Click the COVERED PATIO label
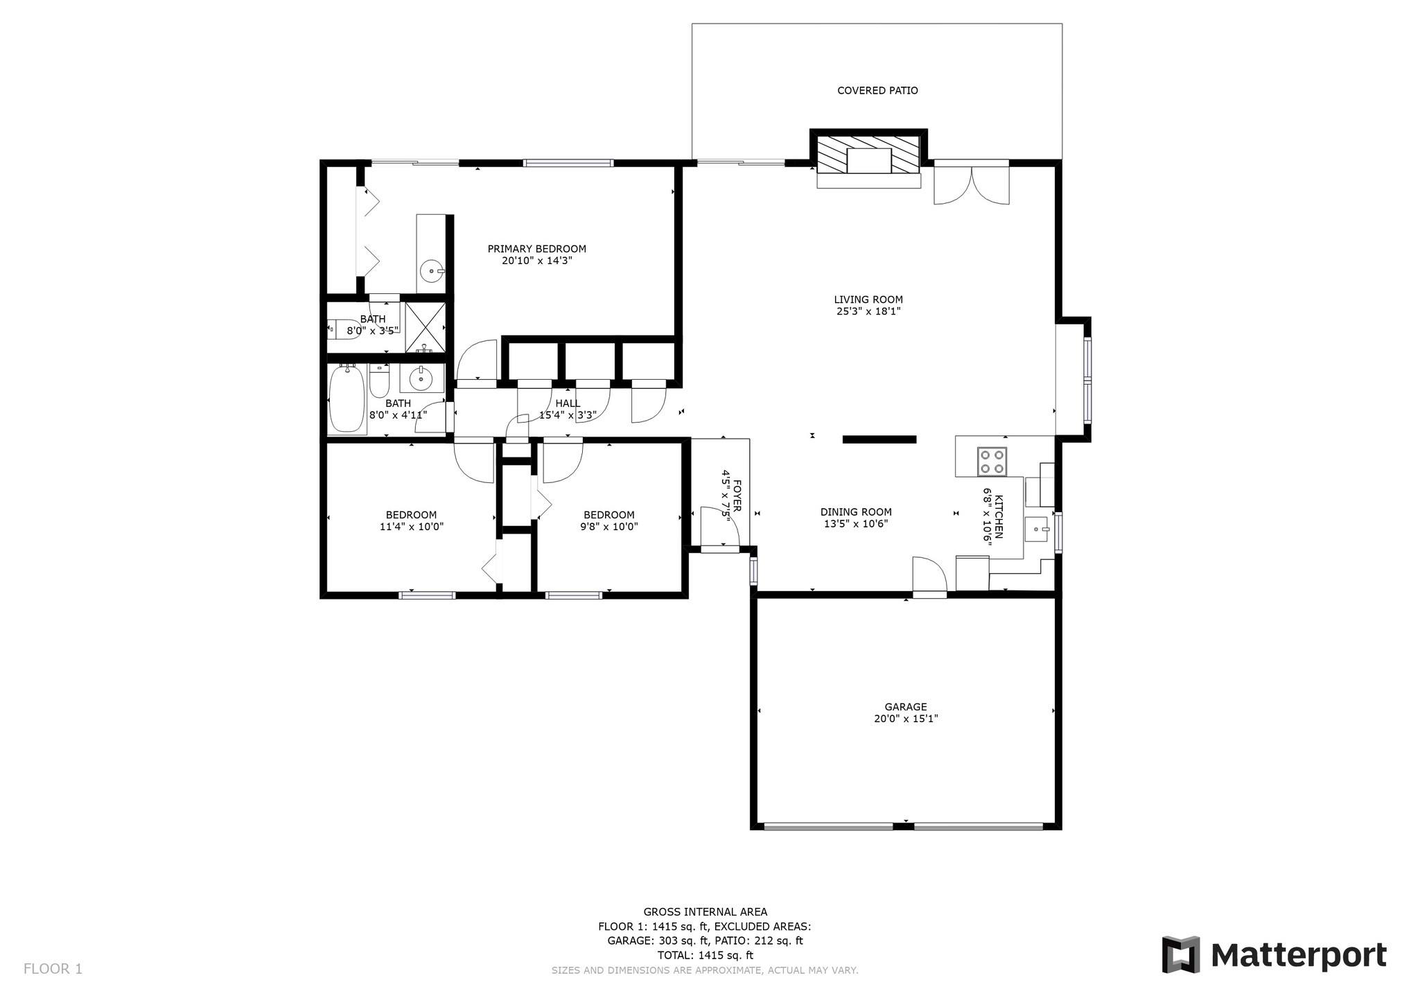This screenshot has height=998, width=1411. tap(877, 91)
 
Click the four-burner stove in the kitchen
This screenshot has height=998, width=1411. tap(992, 462)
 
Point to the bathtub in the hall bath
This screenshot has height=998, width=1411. tap(346, 400)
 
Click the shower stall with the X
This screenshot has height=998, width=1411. tap(424, 327)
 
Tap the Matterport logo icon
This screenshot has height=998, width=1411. tap(1180, 954)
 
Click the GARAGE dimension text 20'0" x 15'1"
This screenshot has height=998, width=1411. tap(905, 719)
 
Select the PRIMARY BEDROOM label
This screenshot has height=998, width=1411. tap(536, 249)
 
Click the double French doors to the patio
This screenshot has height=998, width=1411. tap(972, 183)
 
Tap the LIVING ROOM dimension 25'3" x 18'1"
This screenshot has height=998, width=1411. tap(868, 311)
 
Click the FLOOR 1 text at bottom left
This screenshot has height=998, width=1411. tap(53, 969)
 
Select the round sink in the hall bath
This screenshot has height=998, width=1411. tap(420, 378)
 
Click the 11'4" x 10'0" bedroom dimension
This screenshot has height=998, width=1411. tap(411, 527)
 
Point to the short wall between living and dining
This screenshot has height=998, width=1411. tap(879, 439)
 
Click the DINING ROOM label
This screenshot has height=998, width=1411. tap(856, 512)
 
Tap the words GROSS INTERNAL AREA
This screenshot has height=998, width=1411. tap(705, 912)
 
